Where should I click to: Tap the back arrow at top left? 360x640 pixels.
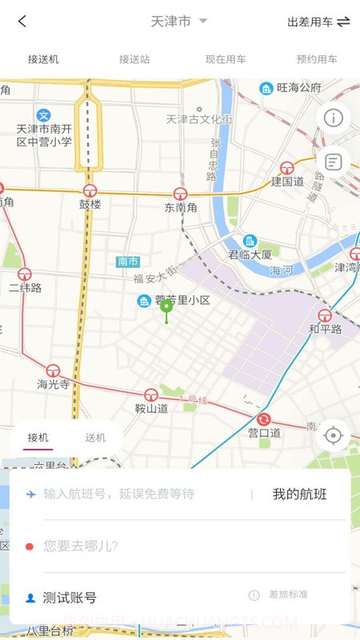(x=22, y=22)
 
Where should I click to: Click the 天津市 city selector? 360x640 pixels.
(x=178, y=22)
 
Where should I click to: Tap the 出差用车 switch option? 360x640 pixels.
(x=318, y=22)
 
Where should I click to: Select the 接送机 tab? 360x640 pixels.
(x=43, y=59)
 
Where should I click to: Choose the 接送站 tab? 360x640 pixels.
(x=134, y=59)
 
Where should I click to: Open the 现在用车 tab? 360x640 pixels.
(x=226, y=59)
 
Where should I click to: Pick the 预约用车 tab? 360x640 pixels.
(x=317, y=59)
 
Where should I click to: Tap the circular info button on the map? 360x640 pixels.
(x=333, y=118)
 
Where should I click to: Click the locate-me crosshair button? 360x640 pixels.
(x=334, y=435)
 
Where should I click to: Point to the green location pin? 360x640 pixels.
(x=166, y=308)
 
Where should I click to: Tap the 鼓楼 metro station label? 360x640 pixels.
(x=90, y=204)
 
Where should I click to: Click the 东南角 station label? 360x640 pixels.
(x=180, y=207)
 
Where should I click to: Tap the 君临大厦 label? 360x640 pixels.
(x=250, y=254)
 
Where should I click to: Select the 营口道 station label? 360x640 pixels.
(x=264, y=433)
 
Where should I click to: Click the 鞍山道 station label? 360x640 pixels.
(x=151, y=408)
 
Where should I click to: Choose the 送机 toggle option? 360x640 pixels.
(x=95, y=438)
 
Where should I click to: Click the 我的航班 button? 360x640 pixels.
(x=299, y=494)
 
